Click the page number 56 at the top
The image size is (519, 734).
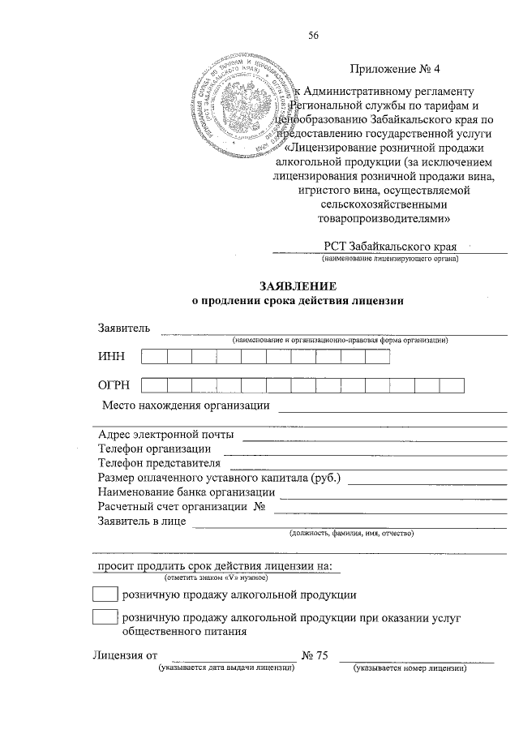point(314,34)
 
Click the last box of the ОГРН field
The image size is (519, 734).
point(452,387)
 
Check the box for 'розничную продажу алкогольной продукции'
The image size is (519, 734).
point(105,595)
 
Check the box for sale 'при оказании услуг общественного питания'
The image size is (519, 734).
point(105,617)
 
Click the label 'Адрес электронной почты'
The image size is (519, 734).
point(166,434)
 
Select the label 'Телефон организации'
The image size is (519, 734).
point(155,449)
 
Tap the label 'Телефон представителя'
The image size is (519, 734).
point(160,463)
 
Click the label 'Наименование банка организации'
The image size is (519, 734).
point(185,492)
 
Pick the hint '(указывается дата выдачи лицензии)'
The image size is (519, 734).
point(226,668)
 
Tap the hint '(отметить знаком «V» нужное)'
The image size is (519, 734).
point(217,577)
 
